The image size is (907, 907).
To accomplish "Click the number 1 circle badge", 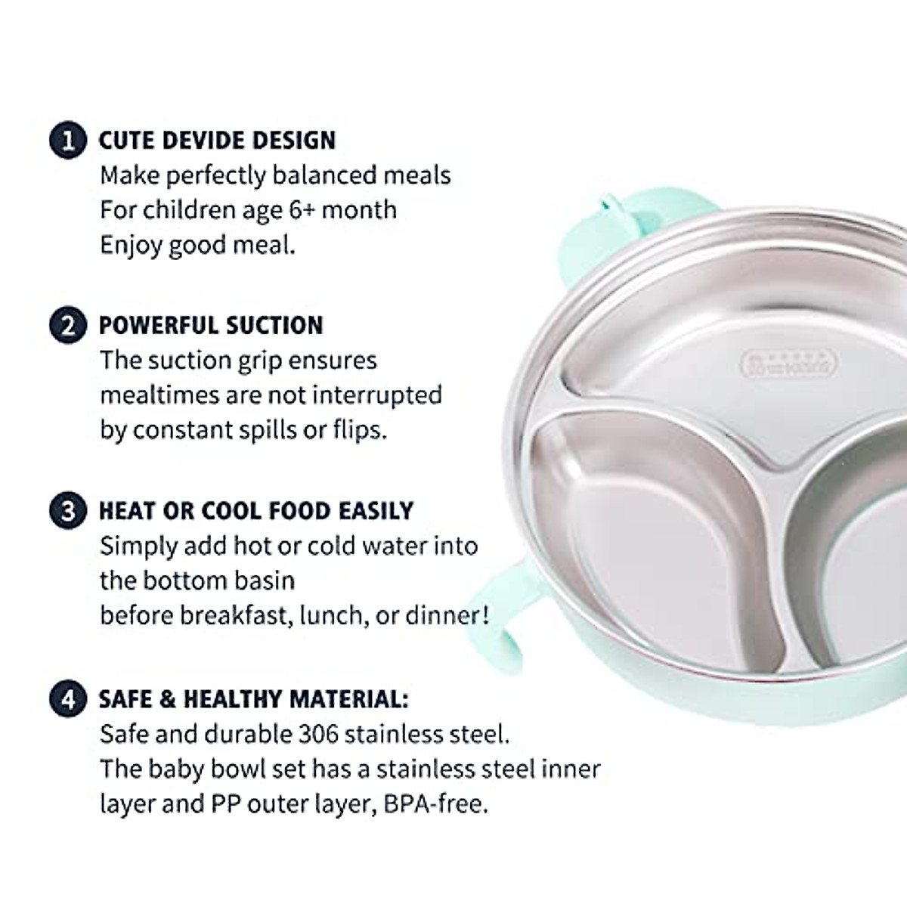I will (68, 141).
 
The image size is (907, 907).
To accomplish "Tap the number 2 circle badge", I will (68, 326).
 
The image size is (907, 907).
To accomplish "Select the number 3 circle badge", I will (68, 511).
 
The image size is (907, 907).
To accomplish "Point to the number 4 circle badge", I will (68, 698).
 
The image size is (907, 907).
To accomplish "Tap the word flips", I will (359, 430).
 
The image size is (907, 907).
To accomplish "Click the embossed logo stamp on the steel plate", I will (789, 363).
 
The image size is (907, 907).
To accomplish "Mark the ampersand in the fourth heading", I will (167, 698).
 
